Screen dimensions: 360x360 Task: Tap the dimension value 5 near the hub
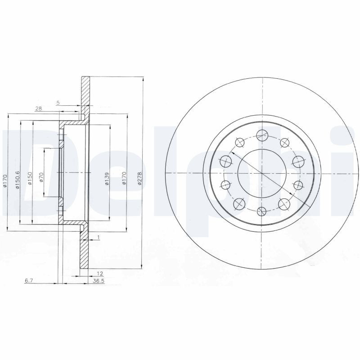tap(58, 103)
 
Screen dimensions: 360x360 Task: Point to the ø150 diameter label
tap(30, 179)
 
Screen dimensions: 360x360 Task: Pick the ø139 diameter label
tap(107, 180)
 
